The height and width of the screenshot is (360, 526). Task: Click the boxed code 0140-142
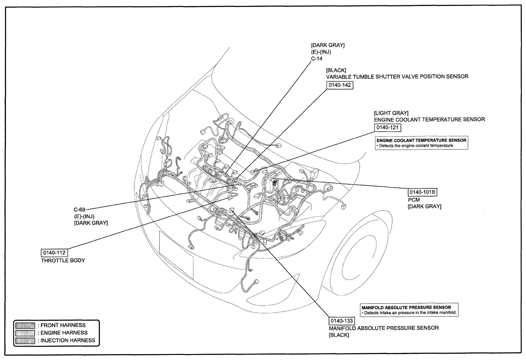(340, 85)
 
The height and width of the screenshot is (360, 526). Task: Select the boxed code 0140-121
(387, 128)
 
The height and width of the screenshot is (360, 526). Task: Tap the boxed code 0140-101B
(422, 192)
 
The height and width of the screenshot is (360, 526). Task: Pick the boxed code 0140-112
(54, 253)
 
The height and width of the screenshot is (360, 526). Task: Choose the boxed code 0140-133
(342, 320)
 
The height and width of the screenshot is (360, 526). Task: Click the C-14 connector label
(317, 59)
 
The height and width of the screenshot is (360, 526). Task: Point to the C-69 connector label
(80, 210)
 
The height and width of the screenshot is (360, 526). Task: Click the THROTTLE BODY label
(63, 260)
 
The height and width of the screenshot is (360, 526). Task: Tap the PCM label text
(414, 200)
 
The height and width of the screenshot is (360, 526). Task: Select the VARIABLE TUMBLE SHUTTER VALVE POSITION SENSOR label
(397, 76)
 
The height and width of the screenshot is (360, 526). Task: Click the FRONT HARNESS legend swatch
(25, 325)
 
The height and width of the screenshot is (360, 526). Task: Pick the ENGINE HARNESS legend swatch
(25, 333)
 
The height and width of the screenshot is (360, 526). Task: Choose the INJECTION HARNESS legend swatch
(25, 340)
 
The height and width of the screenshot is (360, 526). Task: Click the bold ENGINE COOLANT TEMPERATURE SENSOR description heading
(421, 140)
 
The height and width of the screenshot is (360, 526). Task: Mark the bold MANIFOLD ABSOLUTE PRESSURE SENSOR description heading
(406, 307)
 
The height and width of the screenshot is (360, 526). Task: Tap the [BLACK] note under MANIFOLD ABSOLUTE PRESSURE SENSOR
(339, 335)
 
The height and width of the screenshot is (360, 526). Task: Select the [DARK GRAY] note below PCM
(425, 207)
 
